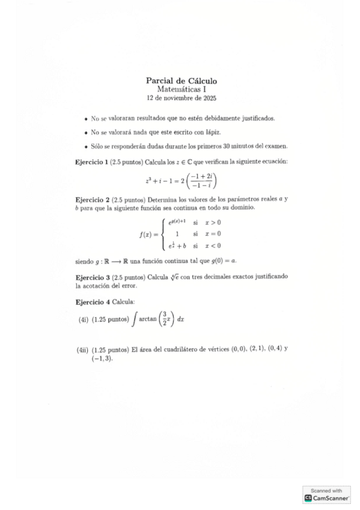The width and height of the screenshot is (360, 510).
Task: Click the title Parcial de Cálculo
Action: pyautogui.click(x=181, y=81)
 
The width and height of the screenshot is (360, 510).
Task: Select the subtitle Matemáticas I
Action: pyautogui.click(x=181, y=89)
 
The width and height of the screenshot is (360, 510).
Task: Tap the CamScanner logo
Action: pyautogui.click(x=327, y=497)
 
